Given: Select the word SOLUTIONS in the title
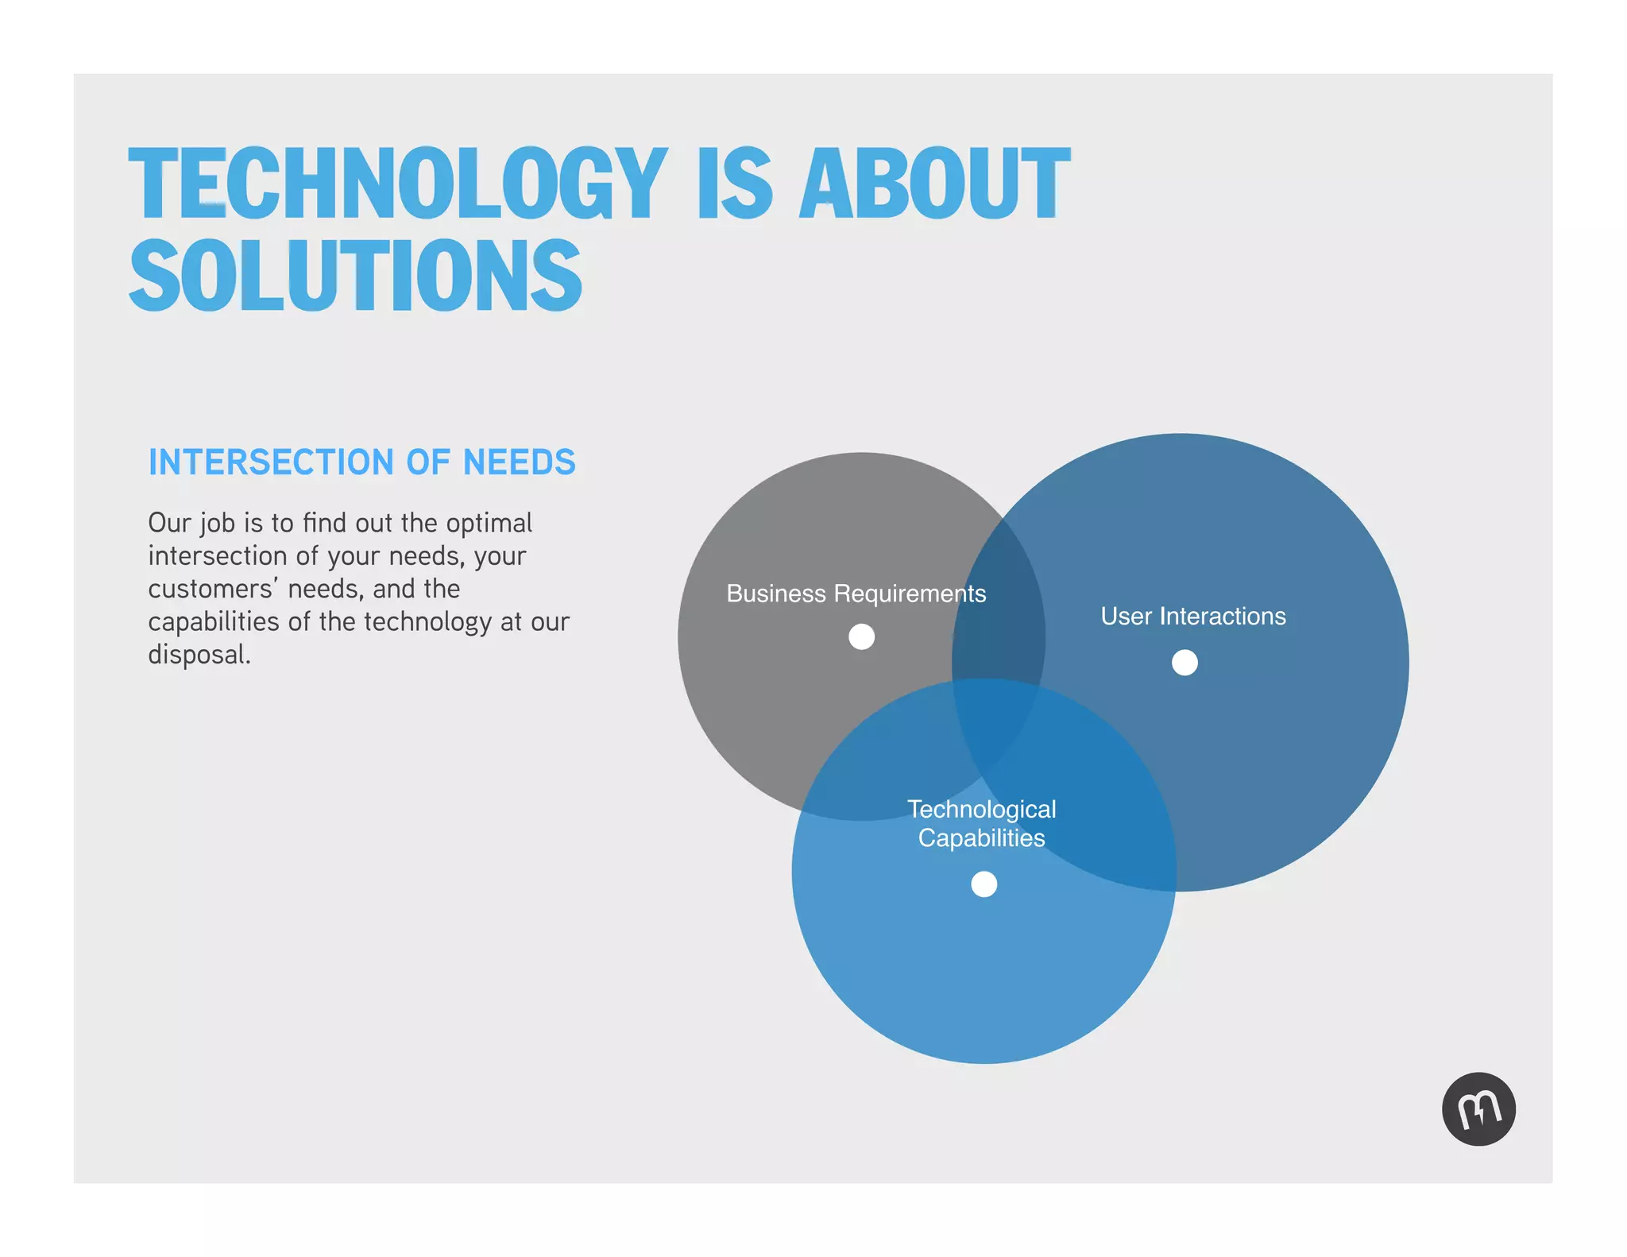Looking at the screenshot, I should click(355, 275).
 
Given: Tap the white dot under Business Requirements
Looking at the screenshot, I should click(861, 636).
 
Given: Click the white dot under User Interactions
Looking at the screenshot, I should click(1185, 662).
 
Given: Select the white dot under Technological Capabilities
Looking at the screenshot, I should click(984, 884).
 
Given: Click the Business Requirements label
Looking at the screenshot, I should click(856, 594).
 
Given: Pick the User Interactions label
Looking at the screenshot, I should click(1192, 616).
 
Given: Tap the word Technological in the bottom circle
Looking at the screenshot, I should click(981, 809).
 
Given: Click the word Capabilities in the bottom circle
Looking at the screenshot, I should click(981, 837).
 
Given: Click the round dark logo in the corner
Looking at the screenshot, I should click(1478, 1108).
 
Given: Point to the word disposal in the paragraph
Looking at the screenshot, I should click(199, 655).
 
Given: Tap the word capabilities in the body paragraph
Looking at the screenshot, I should click(213, 622).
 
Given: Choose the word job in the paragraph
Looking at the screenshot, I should click(217, 524).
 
